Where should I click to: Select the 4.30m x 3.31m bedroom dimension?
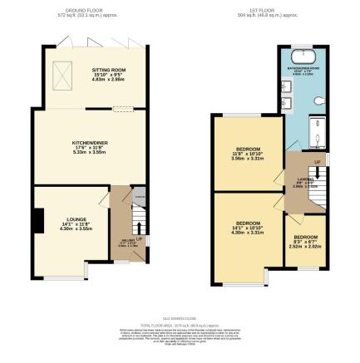pos(247,232)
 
